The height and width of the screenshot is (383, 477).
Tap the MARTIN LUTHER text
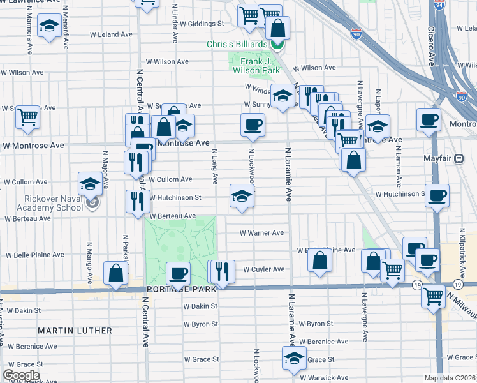pos(75,331)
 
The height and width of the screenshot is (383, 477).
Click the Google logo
pos(21,375)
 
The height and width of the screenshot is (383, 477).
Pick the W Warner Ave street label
pos(261,233)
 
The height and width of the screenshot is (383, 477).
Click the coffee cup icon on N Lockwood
pos(253,124)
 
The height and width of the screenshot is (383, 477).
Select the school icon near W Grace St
pos(294,358)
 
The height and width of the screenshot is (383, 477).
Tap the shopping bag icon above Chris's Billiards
pos(278,27)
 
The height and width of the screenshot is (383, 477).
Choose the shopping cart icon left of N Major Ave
pos(27,117)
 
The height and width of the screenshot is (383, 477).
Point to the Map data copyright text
pos(449,378)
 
